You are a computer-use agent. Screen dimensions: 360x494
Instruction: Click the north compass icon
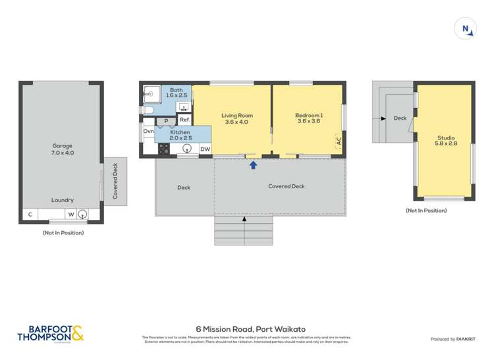click(465, 29)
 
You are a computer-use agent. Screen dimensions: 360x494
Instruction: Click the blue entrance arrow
click(254, 165)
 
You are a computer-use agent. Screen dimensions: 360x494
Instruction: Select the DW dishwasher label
click(205, 149)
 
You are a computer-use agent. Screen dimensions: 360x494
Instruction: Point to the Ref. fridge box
click(184, 120)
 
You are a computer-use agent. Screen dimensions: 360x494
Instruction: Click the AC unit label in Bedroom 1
click(339, 140)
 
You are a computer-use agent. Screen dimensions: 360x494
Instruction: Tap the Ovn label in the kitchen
click(148, 132)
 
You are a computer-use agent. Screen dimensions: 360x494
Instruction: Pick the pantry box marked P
click(166, 121)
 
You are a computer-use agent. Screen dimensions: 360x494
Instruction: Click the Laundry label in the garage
click(63, 200)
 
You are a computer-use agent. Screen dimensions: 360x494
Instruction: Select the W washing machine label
click(70, 214)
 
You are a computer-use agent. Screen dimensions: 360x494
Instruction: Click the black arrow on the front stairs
click(244, 219)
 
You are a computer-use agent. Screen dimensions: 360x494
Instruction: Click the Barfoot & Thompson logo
click(51, 334)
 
